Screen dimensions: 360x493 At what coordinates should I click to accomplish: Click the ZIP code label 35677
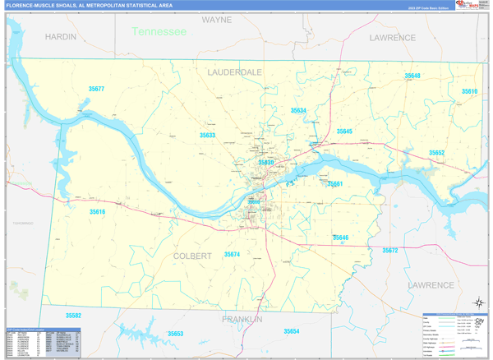pos(96,88)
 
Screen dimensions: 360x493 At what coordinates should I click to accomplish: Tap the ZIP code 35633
pos(207,135)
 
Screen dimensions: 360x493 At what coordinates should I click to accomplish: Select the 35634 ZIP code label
pos(298,110)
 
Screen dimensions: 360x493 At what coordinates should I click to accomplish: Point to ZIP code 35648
pos(412,76)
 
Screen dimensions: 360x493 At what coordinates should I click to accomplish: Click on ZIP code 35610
pos(469,91)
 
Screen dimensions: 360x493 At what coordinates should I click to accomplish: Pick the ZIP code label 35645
pos(344,132)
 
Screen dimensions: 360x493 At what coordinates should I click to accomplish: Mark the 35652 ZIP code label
pos(436,153)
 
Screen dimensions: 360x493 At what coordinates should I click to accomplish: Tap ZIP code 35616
pos(97,212)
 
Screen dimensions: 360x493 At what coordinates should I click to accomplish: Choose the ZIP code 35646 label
pos(341,238)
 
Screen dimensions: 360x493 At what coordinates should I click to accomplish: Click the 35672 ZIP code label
pos(389,250)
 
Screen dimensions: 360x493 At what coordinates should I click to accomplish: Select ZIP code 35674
pos(232,255)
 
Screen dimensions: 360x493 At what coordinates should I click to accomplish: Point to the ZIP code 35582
pos(73,316)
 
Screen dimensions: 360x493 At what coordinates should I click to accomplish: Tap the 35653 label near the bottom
pos(175,334)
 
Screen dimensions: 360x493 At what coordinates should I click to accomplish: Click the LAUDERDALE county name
pos(235,72)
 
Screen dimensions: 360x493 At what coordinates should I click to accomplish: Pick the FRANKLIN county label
pos(241,318)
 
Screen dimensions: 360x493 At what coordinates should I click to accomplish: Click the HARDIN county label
pos(61,37)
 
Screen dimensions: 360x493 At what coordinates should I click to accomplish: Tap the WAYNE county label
pos(217,18)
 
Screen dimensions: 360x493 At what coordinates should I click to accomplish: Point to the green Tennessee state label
pos(159,31)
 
